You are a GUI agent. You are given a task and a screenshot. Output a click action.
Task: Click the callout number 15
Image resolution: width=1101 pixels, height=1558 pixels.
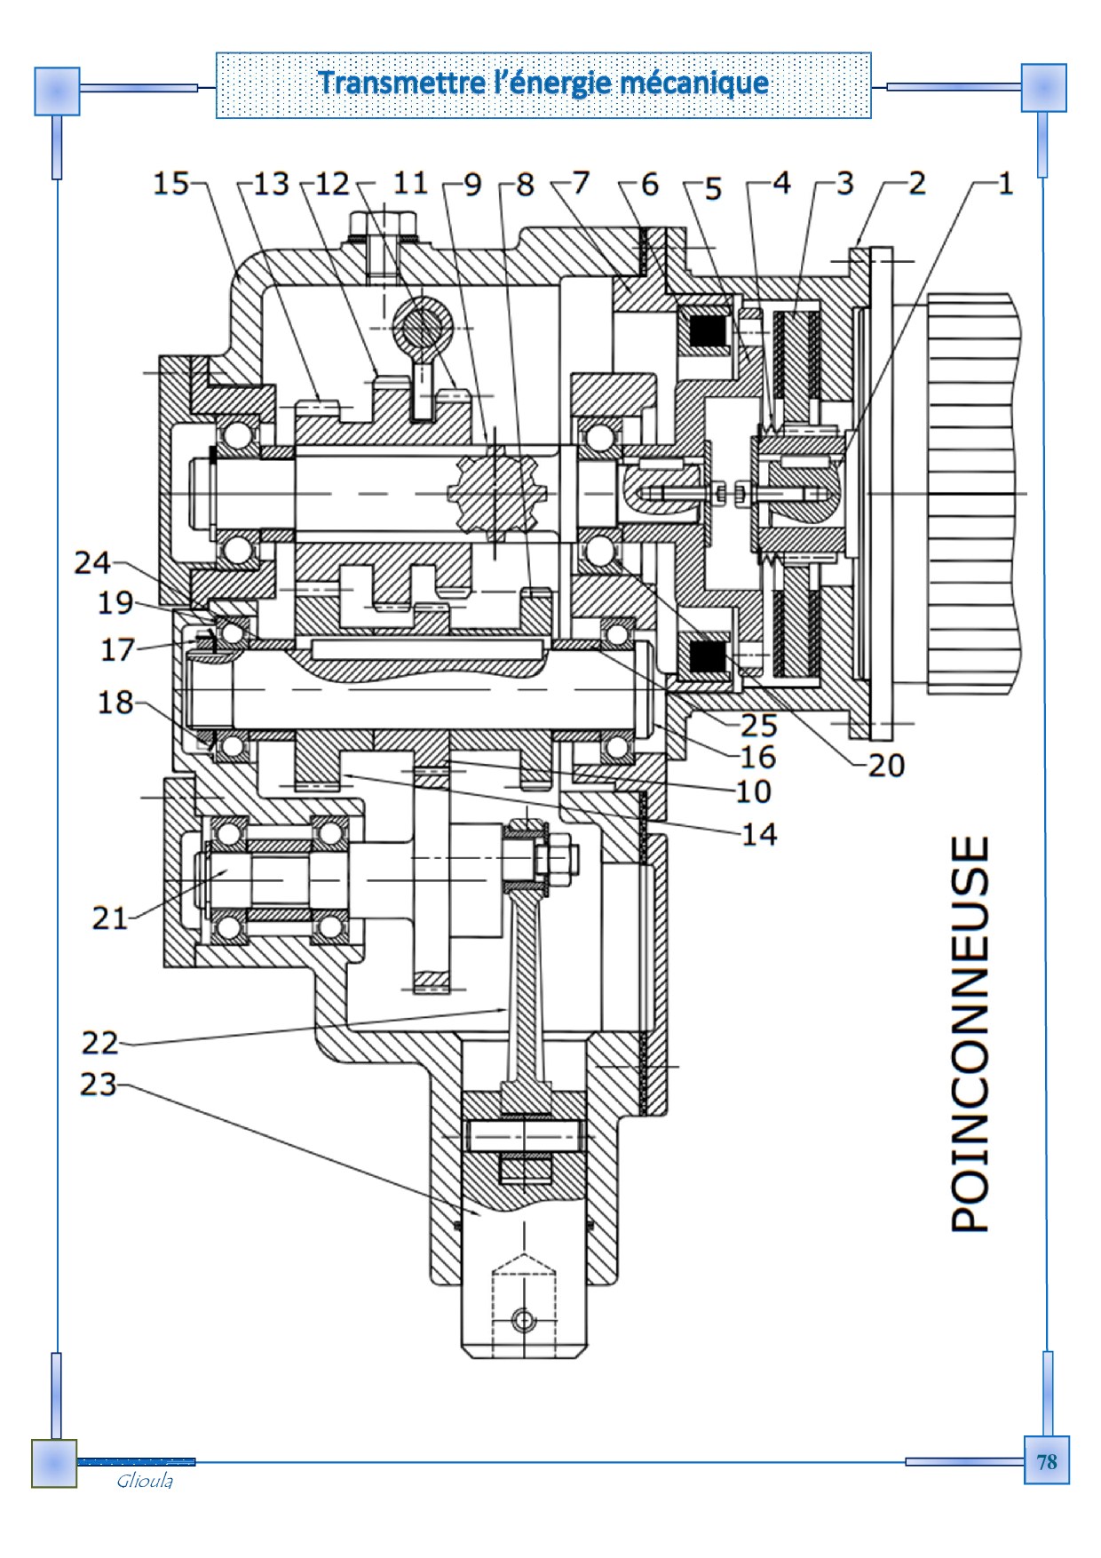[x=171, y=184]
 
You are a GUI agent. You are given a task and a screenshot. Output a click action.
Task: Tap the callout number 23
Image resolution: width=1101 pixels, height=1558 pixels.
[x=99, y=1085]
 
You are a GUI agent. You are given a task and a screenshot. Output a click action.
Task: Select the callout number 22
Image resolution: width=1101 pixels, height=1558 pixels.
[x=100, y=1041]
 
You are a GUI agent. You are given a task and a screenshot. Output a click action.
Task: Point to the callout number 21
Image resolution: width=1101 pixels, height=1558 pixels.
[x=110, y=918]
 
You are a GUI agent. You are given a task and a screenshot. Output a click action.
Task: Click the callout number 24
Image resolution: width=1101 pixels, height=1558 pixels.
[x=92, y=562]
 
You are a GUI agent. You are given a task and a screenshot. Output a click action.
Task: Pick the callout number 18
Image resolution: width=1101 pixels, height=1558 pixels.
[x=115, y=703]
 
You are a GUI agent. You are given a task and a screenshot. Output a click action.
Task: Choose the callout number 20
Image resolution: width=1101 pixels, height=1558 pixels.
[x=885, y=765]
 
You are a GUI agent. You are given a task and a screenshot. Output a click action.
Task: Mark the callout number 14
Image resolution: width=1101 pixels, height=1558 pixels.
[x=759, y=834]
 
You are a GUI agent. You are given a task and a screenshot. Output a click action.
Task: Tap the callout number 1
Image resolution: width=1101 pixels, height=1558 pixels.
[x=1004, y=184]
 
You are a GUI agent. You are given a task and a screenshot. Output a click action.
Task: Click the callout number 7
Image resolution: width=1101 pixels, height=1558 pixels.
[x=581, y=184]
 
